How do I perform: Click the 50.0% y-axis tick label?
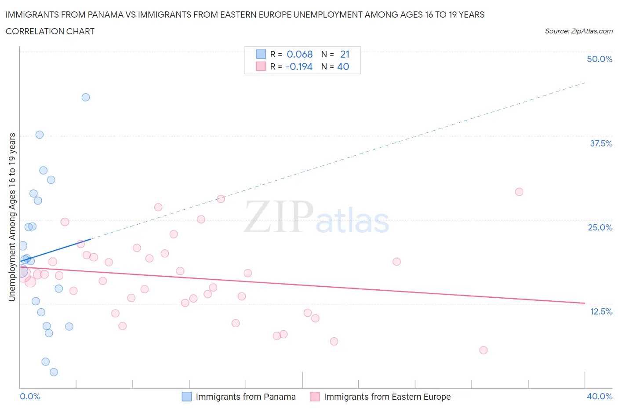(600, 59)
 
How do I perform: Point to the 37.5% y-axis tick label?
(601, 143)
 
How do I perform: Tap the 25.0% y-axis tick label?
(600, 227)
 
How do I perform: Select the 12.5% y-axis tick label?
(601, 311)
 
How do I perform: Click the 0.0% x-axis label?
(30, 396)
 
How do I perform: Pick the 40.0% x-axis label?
(600, 396)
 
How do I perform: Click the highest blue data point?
(86, 97)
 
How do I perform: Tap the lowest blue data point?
(54, 372)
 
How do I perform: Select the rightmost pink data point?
(519, 192)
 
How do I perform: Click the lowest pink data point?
(483, 350)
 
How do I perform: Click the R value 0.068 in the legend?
(299, 54)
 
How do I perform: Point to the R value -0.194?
(299, 66)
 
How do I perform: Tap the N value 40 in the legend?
(343, 66)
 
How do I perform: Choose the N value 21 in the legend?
(345, 54)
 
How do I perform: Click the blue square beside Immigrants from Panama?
(187, 397)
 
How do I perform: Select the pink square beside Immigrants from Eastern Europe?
(315, 397)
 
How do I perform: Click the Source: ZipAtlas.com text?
(578, 31)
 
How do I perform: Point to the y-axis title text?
(12, 217)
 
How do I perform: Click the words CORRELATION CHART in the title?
(50, 31)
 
